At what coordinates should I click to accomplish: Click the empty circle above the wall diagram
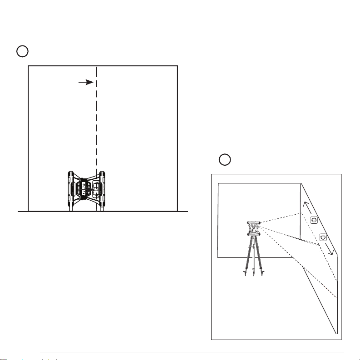pos(23,51)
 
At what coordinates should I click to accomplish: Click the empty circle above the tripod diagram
pos(224,159)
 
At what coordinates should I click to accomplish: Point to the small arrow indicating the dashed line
pos(86,82)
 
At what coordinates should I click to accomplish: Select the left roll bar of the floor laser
pos(71,190)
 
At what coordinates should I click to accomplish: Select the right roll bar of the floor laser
pos(102,190)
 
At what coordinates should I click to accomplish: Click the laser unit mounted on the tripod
pos(253,228)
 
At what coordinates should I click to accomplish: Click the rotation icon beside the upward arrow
pos(314,220)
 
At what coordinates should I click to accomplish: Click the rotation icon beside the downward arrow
pos(322,237)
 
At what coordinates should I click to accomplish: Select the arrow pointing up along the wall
pos(306,208)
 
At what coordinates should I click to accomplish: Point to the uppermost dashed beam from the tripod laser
pos(281,217)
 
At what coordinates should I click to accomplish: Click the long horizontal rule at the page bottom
pos(191,351)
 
